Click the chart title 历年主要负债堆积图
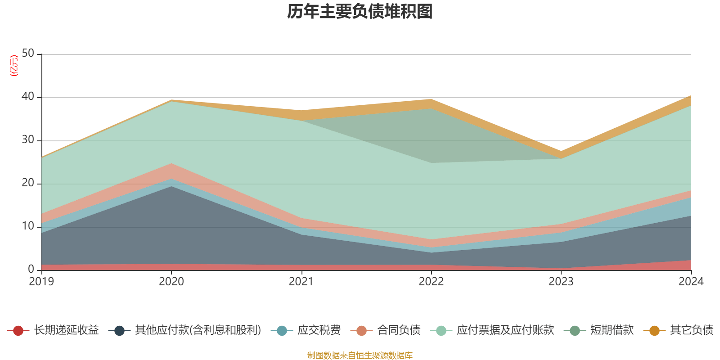pos(360,12)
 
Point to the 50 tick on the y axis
pos(28,53)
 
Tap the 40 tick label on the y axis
pos(28,96)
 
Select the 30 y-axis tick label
pos(28,139)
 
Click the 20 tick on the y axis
pos(28,183)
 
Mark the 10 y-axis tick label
pos(28,226)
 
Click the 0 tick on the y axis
pos(31,269)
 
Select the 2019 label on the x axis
pos(41,282)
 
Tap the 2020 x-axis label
pos(171,282)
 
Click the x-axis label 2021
pos(301,282)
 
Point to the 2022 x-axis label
pos(431,282)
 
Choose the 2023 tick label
pos(561,282)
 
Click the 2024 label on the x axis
pos(691,282)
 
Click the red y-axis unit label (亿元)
pos(14,66)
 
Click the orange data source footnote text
pos(360,355)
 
